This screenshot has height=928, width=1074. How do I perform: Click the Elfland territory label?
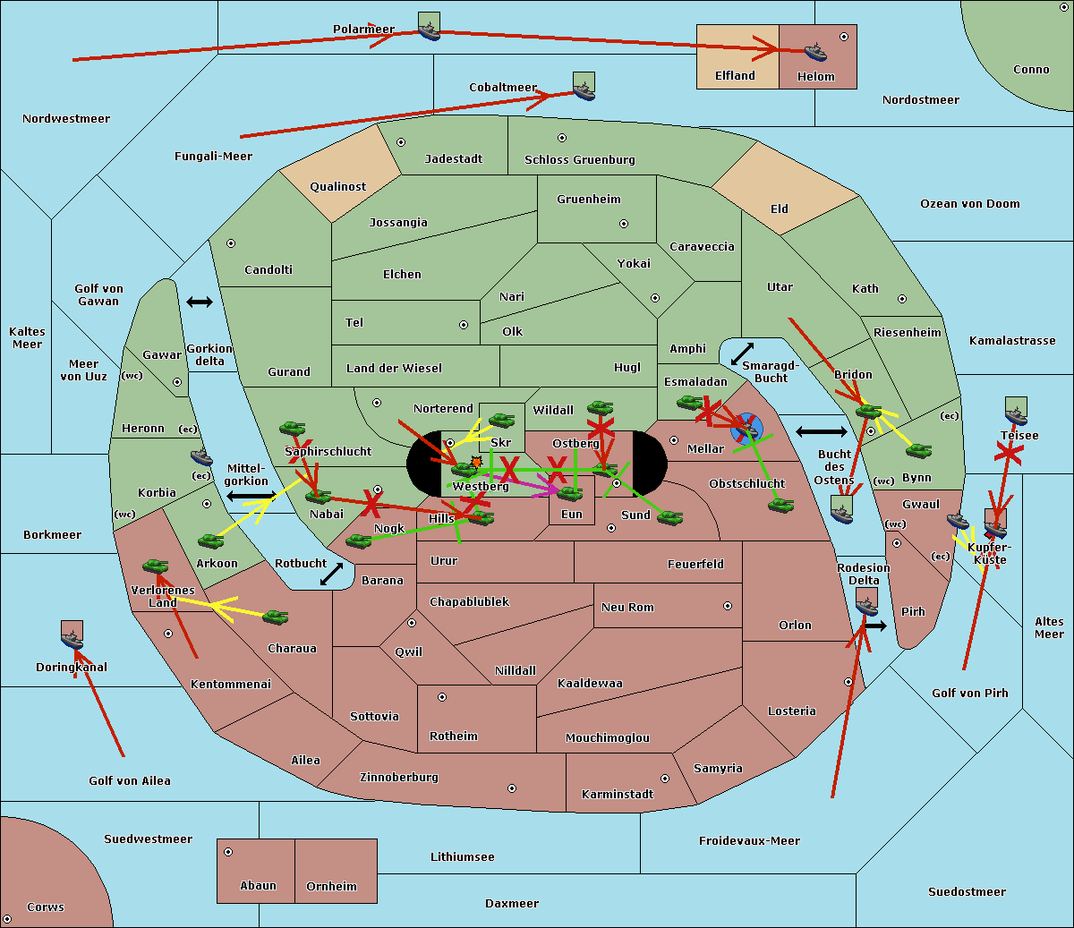[x=735, y=76]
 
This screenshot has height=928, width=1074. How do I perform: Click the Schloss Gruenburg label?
[x=579, y=160]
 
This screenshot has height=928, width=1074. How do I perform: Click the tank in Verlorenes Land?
[x=155, y=566]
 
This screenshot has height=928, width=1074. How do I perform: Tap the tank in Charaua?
[x=275, y=617]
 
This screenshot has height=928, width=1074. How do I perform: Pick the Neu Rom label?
[x=627, y=608]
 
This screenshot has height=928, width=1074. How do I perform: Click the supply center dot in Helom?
[x=843, y=37]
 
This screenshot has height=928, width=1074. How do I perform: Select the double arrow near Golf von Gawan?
[x=199, y=302]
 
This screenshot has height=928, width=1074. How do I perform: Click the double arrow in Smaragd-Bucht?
[x=742, y=353]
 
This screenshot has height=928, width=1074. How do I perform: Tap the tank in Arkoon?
[x=210, y=541]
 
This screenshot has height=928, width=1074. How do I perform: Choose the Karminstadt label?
[x=618, y=795]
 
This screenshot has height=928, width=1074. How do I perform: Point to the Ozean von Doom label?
[x=969, y=204]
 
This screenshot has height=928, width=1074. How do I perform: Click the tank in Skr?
[x=501, y=419]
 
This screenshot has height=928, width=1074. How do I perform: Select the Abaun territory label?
[x=258, y=886]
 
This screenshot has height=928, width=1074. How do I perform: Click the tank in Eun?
[x=569, y=493]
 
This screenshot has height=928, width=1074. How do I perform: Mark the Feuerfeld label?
[x=695, y=565]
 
